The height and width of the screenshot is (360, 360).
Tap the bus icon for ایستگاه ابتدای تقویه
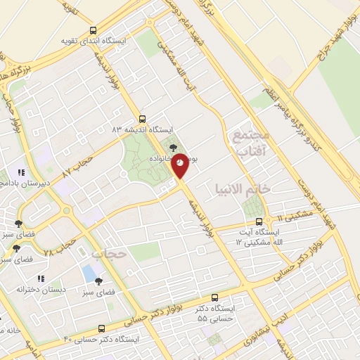[94, 30]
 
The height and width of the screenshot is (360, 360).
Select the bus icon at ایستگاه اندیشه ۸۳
[143, 119]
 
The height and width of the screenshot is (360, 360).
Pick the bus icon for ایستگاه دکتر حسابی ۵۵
[214, 297]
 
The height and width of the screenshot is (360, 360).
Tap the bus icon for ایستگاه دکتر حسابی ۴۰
[102, 328]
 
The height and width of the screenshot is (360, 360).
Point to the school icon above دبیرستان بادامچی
[22, 172]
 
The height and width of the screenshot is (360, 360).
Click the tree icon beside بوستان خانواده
[174, 147]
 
